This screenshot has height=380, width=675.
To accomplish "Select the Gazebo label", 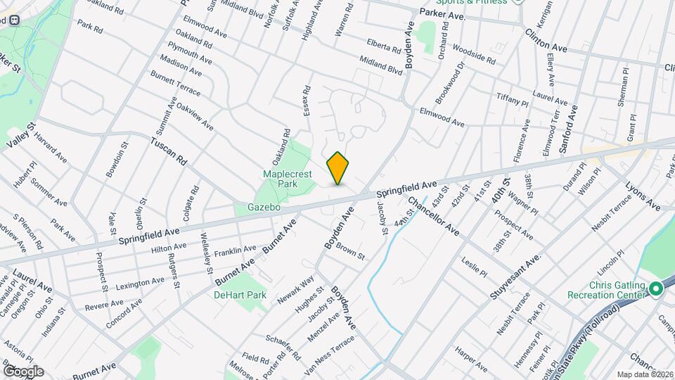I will (x=264, y=208).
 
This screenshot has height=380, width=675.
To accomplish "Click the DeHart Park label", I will (x=240, y=296).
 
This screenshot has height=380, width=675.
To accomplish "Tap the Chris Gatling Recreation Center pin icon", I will (x=656, y=289).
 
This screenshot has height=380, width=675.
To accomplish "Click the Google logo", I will (x=22, y=371).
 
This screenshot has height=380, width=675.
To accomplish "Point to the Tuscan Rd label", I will (x=167, y=150).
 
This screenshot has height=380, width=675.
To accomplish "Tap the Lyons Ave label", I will (x=643, y=196).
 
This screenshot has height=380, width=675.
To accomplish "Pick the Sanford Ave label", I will (x=572, y=129).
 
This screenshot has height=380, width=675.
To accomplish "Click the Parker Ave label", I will (x=443, y=13).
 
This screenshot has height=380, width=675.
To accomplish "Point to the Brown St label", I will (x=349, y=252).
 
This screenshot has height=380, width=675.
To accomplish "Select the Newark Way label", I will (x=295, y=289).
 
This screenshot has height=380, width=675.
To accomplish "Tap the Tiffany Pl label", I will (x=512, y=99).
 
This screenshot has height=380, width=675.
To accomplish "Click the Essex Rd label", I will (x=307, y=101).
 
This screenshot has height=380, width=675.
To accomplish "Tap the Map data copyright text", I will (x=643, y=374).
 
